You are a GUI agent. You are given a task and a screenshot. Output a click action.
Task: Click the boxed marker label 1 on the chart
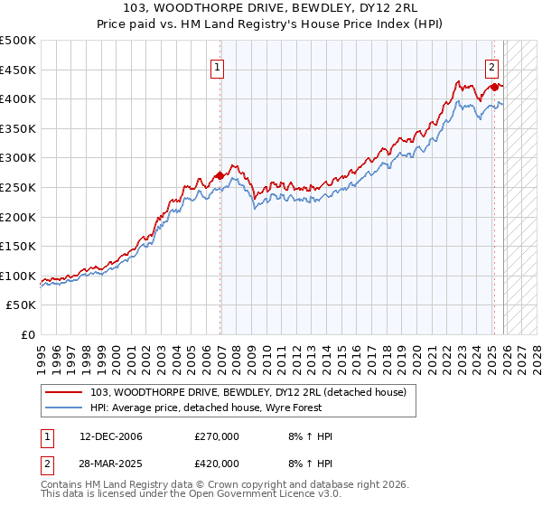[x=219, y=65]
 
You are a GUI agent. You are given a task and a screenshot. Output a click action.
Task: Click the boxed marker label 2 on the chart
[x=491, y=65]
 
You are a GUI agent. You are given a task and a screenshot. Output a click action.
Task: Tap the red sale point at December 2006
[x=220, y=175]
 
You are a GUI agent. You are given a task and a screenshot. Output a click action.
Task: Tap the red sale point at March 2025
[x=494, y=87]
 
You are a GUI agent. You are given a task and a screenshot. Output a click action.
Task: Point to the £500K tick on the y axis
[x=18, y=41]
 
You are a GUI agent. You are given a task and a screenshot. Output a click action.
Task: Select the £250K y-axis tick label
[x=18, y=187]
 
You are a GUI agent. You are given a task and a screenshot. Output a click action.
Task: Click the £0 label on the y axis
[x=29, y=334]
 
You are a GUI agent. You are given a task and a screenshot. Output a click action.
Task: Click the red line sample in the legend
[x=64, y=392]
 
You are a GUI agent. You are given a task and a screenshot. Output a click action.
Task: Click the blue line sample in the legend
[x=64, y=408]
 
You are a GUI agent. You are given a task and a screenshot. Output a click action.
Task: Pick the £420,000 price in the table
[x=217, y=463]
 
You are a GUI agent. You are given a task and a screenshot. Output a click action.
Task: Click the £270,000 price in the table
[x=217, y=436]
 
